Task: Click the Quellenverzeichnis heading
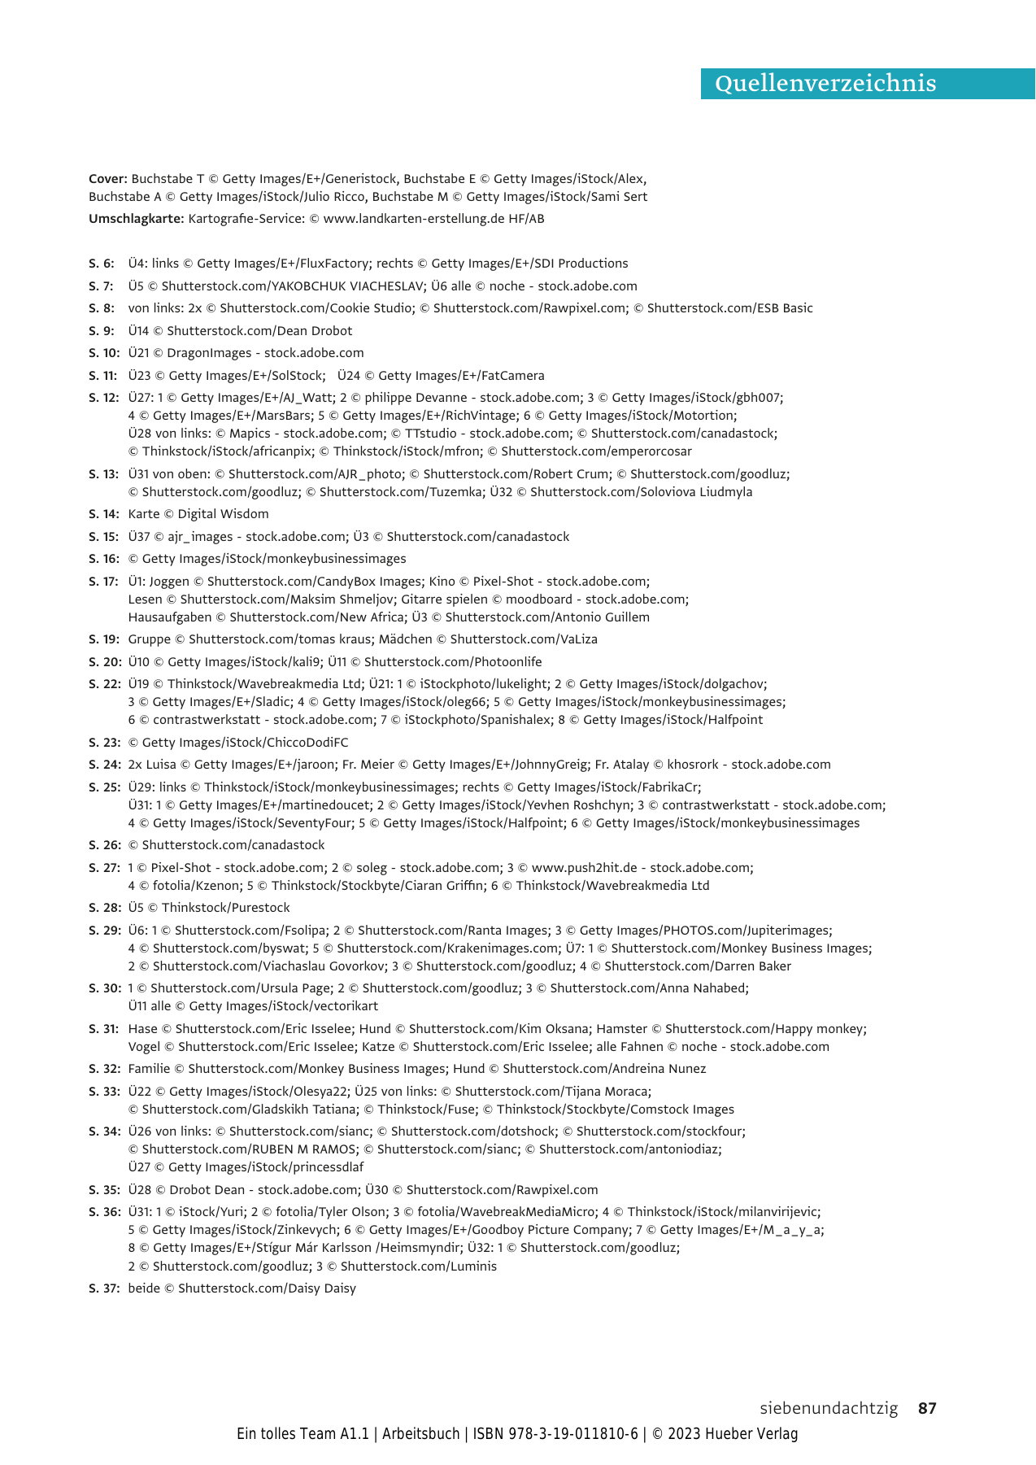click(825, 84)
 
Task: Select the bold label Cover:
click(108, 179)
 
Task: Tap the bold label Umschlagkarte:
click(137, 219)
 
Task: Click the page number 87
click(927, 1408)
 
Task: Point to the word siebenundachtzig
click(829, 1408)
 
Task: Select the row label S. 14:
click(104, 514)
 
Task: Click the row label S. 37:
click(104, 1288)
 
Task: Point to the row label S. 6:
click(102, 264)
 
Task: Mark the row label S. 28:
click(104, 908)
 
